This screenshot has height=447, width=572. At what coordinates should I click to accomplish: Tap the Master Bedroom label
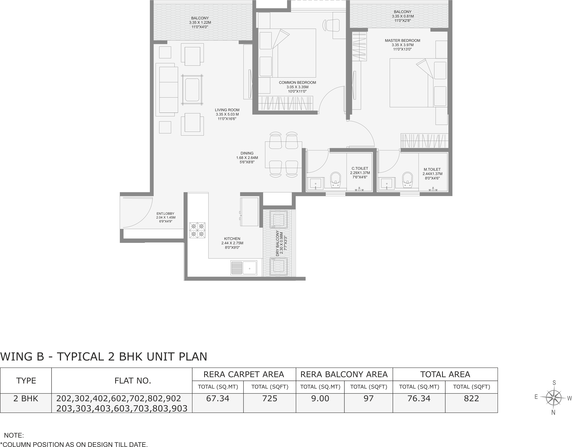pos(403,41)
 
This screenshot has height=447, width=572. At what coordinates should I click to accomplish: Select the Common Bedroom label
pos(297,82)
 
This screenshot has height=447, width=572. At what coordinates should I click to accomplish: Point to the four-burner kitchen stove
pos(197,230)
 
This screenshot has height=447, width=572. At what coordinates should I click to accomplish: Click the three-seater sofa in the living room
pos(167,90)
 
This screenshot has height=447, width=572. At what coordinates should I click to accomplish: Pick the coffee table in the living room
pos(192,90)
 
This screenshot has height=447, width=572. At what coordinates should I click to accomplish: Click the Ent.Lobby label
pos(165,214)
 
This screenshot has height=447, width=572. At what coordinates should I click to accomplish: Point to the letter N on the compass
pos(553,413)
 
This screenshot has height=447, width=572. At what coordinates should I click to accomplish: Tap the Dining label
pos(247,153)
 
